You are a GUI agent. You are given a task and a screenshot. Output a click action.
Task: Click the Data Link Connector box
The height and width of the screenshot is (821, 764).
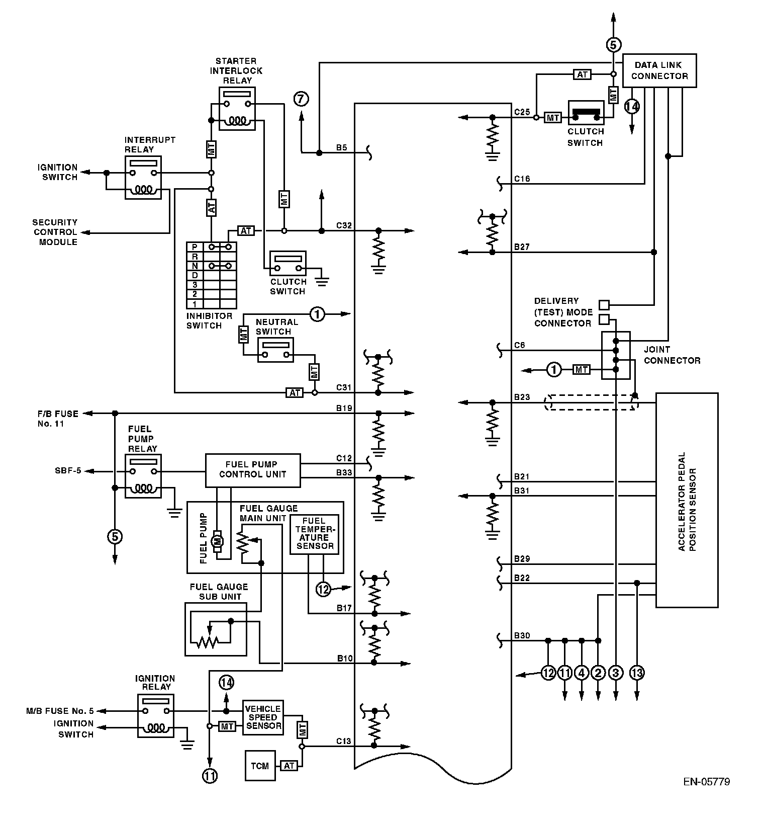click(659, 70)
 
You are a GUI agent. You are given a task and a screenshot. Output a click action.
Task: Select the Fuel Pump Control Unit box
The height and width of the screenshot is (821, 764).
click(253, 470)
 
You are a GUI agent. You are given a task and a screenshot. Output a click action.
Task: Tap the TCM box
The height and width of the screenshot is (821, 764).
click(260, 766)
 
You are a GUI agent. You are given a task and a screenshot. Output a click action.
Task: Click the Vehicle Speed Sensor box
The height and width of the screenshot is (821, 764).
click(263, 717)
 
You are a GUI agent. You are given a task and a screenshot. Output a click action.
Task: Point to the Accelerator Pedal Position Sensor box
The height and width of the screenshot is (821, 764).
click(687, 501)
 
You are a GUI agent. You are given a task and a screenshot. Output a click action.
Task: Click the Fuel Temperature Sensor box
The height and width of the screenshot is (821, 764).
click(314, 534)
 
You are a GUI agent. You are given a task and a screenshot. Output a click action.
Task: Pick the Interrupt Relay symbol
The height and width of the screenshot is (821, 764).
click(143, 178)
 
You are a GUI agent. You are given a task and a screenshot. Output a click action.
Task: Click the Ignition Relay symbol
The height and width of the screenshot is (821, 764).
click(156, 716)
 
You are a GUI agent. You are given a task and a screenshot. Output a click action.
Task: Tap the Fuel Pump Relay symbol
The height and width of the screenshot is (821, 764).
click(143, 476)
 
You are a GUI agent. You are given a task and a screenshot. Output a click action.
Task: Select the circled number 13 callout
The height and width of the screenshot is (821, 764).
click(636, 673)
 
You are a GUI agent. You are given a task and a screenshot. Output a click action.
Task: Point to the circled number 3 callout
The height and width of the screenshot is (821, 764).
click(615, 673)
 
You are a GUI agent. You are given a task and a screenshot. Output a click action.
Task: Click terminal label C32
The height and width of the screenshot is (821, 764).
click(344, 225)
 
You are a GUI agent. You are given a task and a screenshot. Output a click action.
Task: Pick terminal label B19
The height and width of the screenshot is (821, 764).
click(344, 408)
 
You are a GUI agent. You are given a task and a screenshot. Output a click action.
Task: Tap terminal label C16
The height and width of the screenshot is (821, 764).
click(522, 179)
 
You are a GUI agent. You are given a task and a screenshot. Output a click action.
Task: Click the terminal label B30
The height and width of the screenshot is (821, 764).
click(522, 635)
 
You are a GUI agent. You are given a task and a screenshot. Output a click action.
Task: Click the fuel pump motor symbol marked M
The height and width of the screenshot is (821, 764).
click(218, 541)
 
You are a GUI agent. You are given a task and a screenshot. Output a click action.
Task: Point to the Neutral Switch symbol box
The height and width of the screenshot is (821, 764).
click(275, 350)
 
